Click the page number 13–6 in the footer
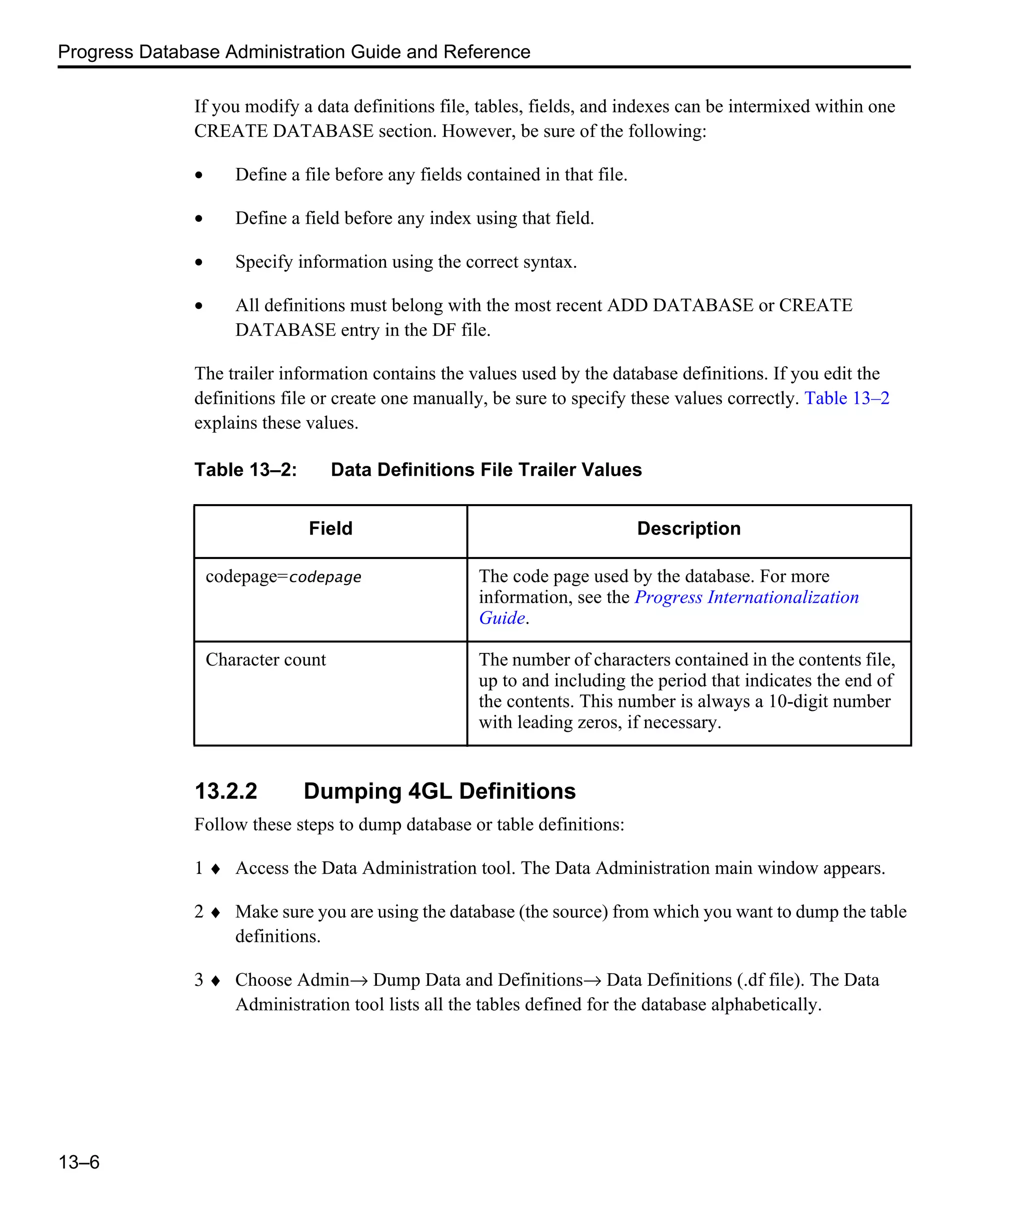coord(78,1162)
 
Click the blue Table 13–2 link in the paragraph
coord(846,398)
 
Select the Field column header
coord(330,529)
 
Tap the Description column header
coord(688,529)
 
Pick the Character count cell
coord(265,659)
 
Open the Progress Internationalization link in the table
coord(746,597)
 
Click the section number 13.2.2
coord(226,791)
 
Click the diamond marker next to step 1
coord(215,869)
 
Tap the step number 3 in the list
coord(199,980)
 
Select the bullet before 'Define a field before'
coord(199,219)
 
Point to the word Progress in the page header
coord(96,52)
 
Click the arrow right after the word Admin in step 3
coord(360,981)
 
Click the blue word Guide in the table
coord(501,618)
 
